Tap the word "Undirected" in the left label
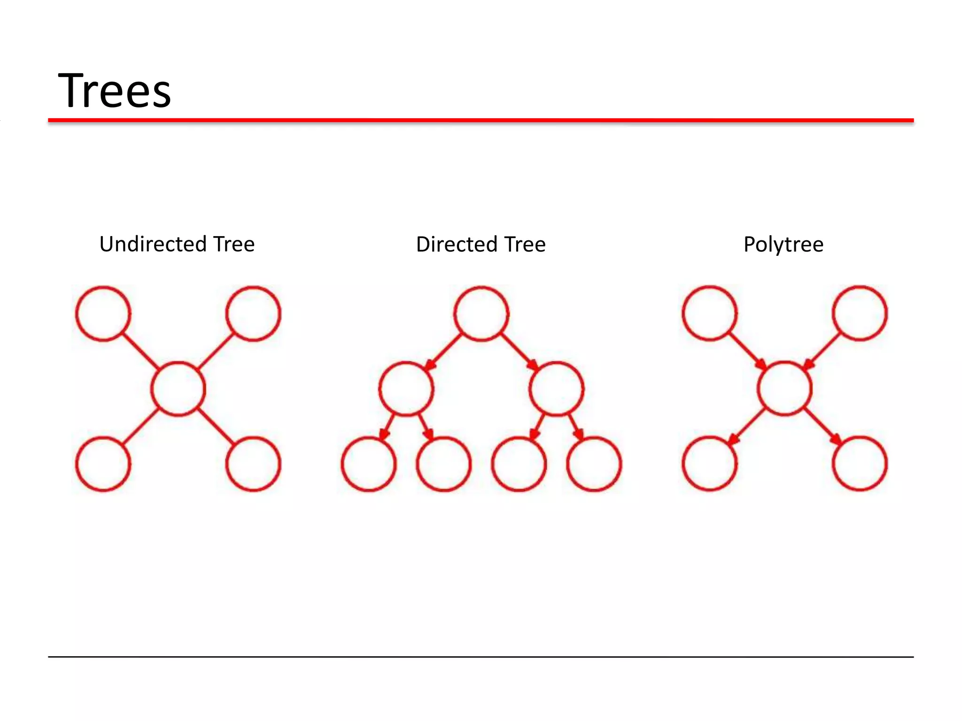click(153, 244)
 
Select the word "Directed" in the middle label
click(456, 245)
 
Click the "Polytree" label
click(783, 245)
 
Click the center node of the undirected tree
click(178, 389)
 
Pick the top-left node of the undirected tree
click(103, 313)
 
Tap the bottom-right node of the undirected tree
click(253, 464)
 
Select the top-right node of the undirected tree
click(253, 313)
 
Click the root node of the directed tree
click(481, 313)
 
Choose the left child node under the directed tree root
click(406, 389)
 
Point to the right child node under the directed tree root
click(556, 389)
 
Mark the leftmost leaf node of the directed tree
click(369, 464)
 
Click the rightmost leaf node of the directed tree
click(594, 464)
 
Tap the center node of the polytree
click(784, 389)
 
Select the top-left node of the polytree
click(709, 313)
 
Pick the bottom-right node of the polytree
click(860, 464)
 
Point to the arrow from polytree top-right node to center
click(822, 351)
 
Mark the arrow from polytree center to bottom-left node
click(747, 426)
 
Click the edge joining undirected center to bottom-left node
click(140, 426)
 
